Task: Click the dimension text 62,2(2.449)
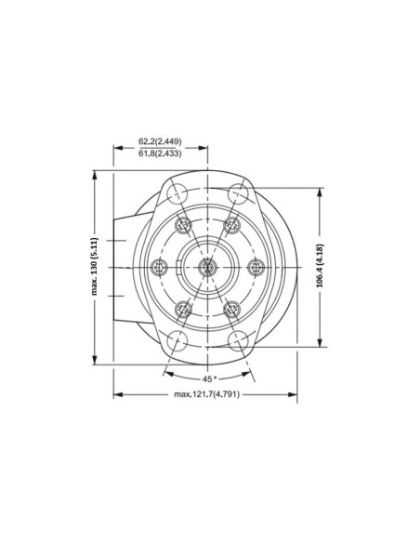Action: click(160, 141)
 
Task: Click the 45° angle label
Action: click(209, 378)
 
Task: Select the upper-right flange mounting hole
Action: click(239, 192)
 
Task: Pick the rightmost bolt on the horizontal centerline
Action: click(253, 267)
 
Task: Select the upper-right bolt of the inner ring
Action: click(231, 226)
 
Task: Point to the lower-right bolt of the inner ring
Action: click(231, 307)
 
